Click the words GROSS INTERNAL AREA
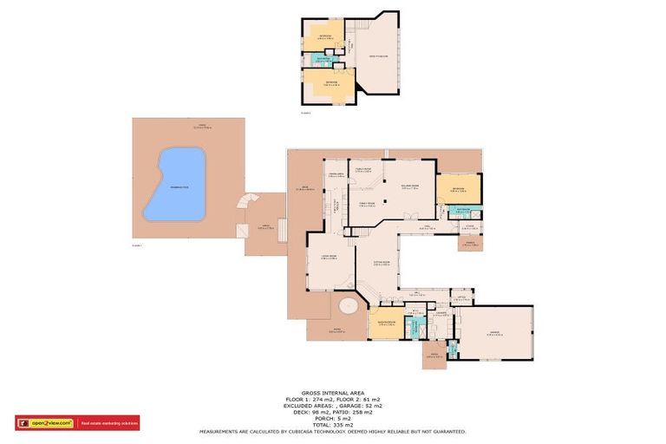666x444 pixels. click(334, 392)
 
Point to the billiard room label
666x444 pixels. click(410, 186)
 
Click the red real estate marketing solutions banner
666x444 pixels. click(108, 423)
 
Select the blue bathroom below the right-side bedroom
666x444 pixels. click(462, 209)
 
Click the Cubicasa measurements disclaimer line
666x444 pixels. click(334, 432)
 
